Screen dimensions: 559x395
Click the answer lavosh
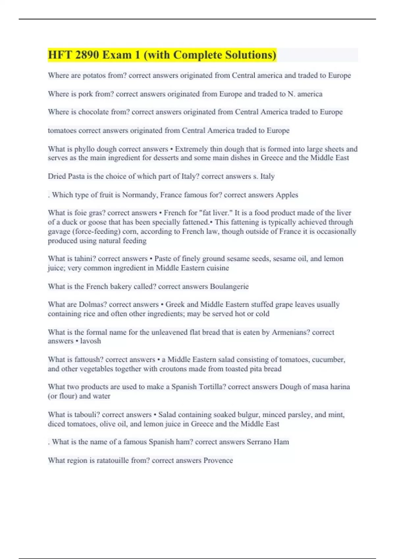91,341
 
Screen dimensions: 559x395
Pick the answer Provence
218,460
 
